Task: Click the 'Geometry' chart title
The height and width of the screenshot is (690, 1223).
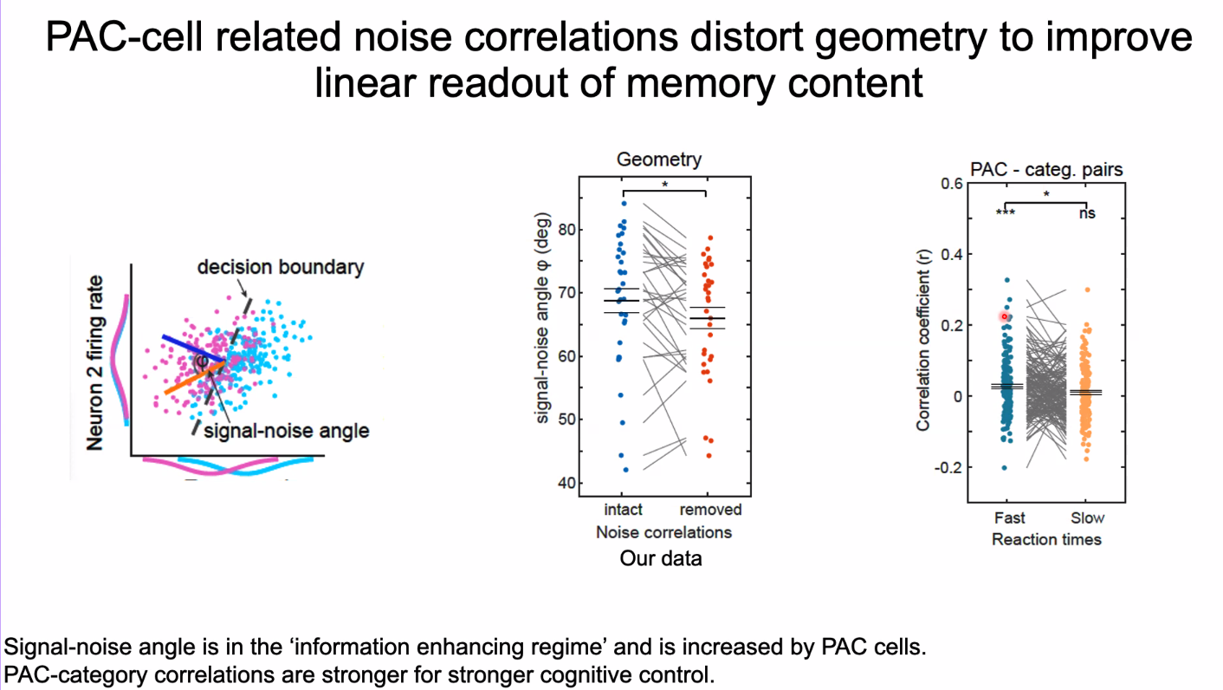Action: point(658,159)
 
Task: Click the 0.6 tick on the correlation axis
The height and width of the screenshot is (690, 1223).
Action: point(952,183)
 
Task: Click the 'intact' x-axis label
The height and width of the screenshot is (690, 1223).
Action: point(623,510)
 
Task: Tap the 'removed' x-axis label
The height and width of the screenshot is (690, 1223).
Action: point(710,510)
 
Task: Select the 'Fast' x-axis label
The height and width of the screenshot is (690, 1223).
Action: point(1009,517)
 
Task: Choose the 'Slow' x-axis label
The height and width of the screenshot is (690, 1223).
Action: point(1087,517)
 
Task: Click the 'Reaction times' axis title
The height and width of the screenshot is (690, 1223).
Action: point(1046,539)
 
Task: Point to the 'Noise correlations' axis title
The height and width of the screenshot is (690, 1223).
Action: point(663,532)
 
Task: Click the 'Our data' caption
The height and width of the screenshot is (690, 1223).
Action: point(661,558)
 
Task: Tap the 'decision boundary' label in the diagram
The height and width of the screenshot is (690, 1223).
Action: point(280,267)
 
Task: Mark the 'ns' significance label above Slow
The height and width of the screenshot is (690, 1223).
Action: point(1086,212)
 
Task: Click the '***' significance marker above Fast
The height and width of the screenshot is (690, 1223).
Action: point(1005,213)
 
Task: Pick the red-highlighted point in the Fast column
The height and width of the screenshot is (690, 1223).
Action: point(1005,316)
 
